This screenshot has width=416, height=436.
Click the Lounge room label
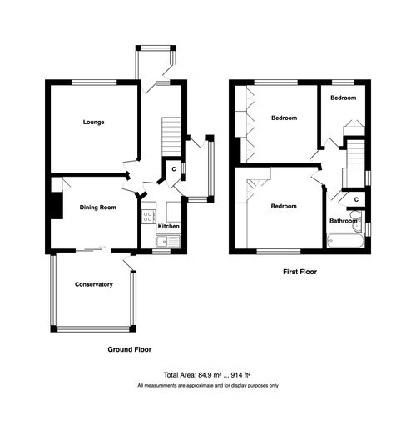tap(92, 123)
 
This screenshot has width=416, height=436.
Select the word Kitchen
tap(169, 227)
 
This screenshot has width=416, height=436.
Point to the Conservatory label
tap(93, 285)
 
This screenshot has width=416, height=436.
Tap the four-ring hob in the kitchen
tap(149, 218)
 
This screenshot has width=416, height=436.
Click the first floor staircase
tap(356, 154)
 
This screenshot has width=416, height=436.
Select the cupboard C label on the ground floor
tap(172, 170)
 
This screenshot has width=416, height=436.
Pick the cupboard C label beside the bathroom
tap(357, 200)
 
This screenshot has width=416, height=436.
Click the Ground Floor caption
tap(129, 349)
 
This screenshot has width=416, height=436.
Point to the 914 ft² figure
tap(240, 375)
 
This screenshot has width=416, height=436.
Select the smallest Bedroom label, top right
tap(343, 98)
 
